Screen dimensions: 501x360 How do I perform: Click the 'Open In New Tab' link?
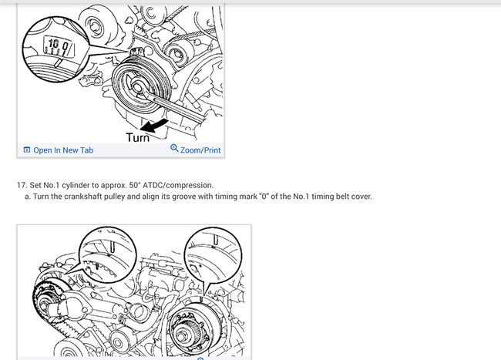63,150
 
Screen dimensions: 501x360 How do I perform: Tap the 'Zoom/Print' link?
200,150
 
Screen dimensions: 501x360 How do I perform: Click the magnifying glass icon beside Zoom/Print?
174,148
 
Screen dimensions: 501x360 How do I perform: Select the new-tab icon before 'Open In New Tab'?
27,150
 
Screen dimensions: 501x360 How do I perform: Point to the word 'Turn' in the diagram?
138,137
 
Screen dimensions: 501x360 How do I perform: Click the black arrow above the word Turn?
154,125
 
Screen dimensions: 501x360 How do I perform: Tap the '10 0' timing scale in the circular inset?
59,46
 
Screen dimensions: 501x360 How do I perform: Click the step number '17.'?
22,185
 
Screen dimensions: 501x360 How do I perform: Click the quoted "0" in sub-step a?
264,196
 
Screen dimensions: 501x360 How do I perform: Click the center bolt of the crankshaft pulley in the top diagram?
136,87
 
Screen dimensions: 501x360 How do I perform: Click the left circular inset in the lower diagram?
108,254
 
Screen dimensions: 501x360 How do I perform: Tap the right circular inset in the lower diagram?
213,255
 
